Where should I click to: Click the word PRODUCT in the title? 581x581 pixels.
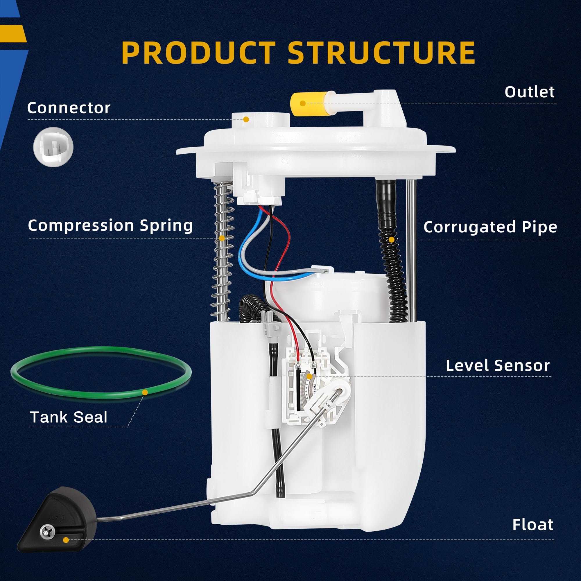click(198, 53)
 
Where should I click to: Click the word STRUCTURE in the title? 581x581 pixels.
click(381, 53)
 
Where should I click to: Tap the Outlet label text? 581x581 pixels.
click(529, 92)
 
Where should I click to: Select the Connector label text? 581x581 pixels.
click(69, 108)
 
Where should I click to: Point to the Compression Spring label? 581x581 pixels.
click(110, 225)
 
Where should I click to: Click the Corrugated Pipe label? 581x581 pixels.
click(490, 227)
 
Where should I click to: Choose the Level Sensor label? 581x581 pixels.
click(498, 366)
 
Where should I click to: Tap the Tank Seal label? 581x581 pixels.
click(69, 417)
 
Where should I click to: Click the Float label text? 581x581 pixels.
click(532, 524)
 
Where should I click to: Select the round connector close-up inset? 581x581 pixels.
click(53, 147)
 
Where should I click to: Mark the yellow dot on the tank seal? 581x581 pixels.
click(145, 392)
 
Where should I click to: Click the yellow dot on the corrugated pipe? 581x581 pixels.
click(392, 240)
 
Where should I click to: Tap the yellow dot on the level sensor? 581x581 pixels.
click(309, 376)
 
